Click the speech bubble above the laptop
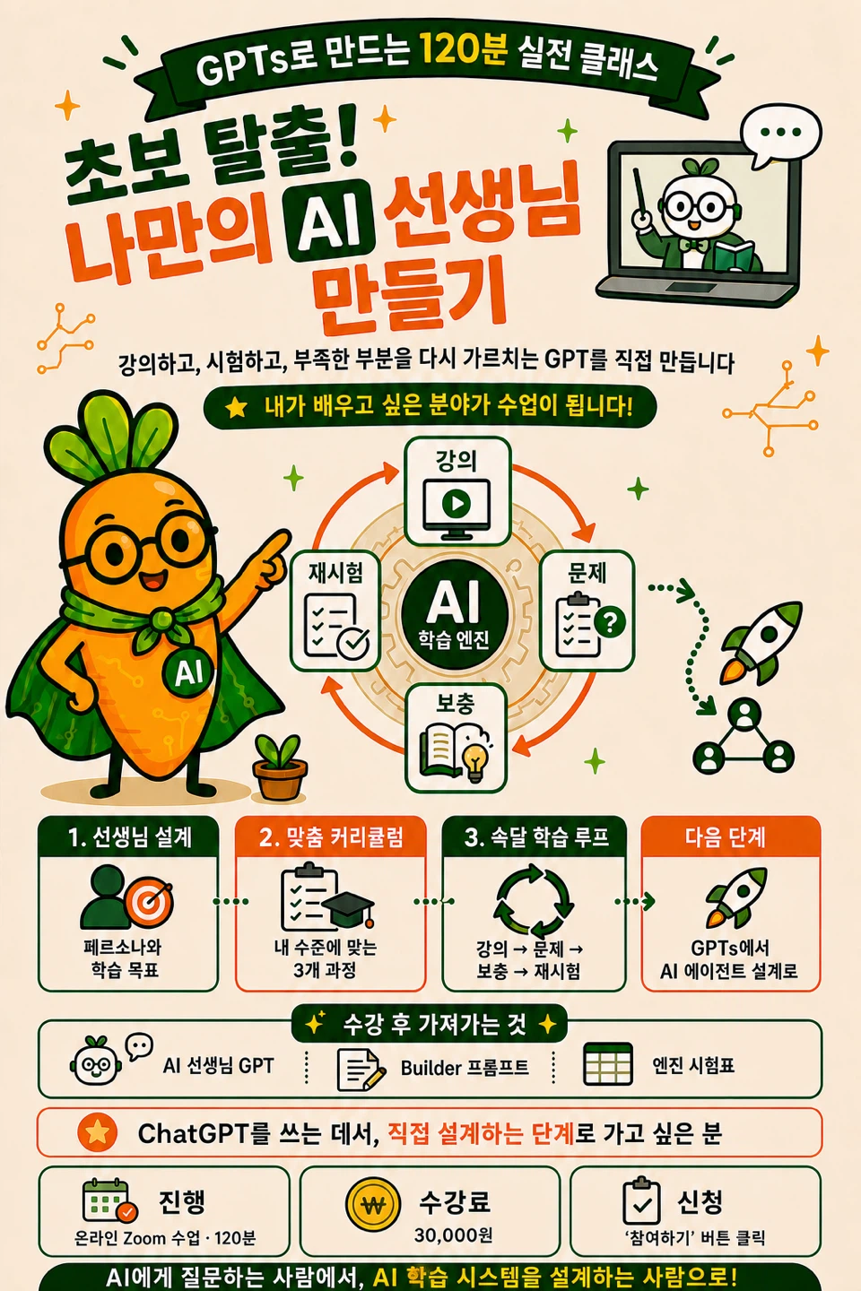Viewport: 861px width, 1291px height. [781, 134]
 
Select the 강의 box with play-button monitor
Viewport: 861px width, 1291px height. [457, 490]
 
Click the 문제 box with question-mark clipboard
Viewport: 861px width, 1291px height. [587, 611]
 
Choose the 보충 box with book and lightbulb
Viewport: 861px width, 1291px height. [456, 737]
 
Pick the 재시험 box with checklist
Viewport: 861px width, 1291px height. [335, 611]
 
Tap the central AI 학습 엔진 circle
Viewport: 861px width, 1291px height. [455, 614]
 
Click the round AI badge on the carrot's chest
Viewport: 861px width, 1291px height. [188, 672]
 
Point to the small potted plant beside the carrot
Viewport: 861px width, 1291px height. [280, 767]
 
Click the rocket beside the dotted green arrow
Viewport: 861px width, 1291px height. [759, 642]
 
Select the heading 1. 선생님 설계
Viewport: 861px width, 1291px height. [129, 837]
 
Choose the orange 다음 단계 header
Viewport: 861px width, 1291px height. [730, 836]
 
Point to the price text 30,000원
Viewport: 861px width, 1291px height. [453, 1235]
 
